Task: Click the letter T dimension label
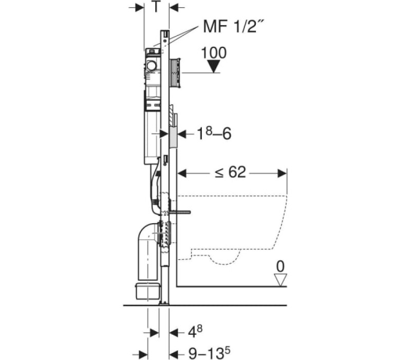pos(156,7)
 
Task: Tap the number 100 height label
pos(214,53)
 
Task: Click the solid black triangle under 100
pos(214,66)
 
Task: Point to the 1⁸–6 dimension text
pos(214,133)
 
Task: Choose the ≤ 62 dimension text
pos(230,172)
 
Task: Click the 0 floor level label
pos(280,266)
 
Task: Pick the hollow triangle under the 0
pos(280,280)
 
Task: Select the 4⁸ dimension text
pos(195,332)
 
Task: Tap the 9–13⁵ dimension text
pos(209,353)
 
